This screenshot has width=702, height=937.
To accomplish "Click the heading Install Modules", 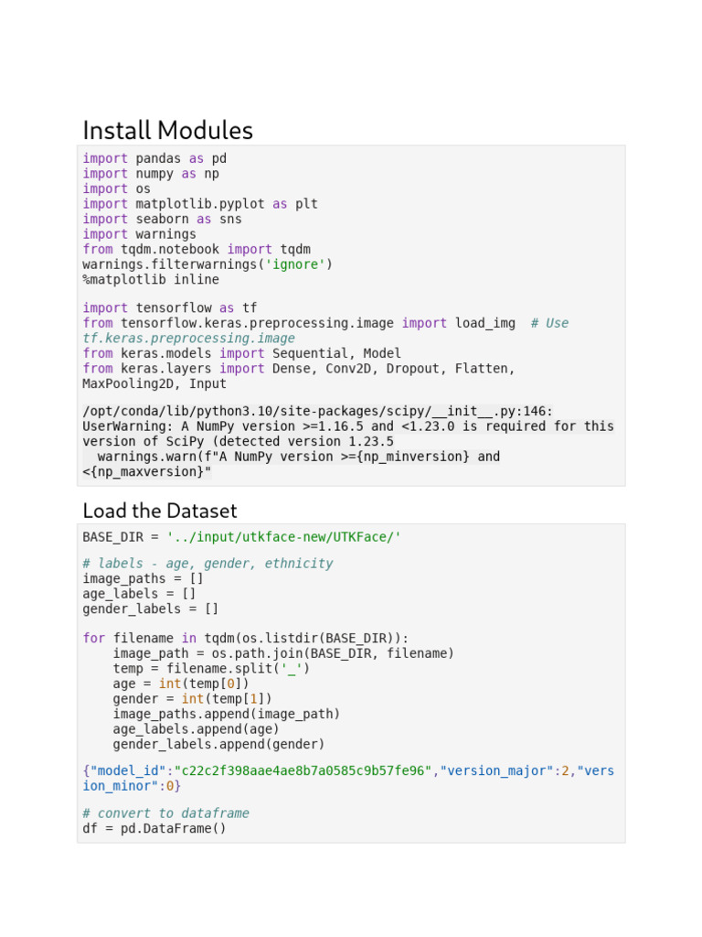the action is (x=167, y=130).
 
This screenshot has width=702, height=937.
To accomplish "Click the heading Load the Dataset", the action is (x=159, y=510).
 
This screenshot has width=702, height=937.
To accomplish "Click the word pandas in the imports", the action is (x=158, y=158).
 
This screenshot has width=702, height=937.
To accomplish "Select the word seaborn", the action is (x=162, y=219).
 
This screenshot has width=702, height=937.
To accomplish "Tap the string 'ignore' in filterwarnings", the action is (x=295, y=264).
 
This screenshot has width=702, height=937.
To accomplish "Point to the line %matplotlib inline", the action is (x=151, y=279).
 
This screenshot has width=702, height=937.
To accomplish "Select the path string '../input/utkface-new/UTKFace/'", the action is (x=283, y=536).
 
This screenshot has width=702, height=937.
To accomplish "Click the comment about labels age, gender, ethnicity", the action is (x=207, y=564).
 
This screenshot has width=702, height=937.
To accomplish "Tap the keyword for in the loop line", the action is (x=93, y=639).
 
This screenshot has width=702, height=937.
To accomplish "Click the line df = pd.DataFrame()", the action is (x=154, y=828).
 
